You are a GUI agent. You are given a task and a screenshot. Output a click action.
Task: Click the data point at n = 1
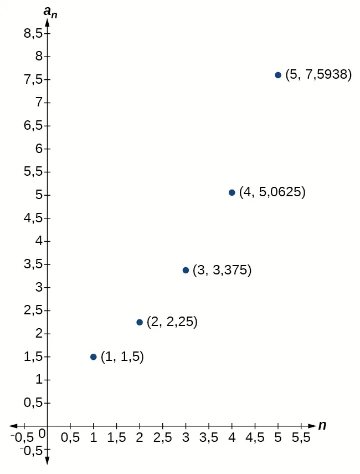pyautogui.click(x=94, y=357)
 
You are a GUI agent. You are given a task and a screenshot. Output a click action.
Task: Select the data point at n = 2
pyautogui.click(x=140, y=322)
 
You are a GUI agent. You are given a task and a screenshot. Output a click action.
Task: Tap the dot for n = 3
pyautogui.click(x=186, y=270)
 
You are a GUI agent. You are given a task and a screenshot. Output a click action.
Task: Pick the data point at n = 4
pyautogui.click(x=232, y=192)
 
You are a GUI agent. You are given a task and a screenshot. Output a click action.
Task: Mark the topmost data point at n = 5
pyautogui.click(x=278, y=75)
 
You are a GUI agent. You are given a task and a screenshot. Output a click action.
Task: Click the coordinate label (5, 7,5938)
pyautogui.click(x=318, y=75)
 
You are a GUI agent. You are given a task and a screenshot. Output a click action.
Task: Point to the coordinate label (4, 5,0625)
pyautogui.click(x=272, y=192)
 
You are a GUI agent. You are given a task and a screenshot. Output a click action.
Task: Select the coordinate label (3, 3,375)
pyautogui.click(x=222, y=271)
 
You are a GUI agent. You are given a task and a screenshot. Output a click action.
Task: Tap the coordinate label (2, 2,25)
pyautogui.click(x=172, y=322)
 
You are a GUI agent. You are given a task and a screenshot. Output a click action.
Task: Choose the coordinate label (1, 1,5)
pyautogui.click(x=122, y=357)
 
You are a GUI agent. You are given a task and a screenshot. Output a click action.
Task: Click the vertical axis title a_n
pyautogui.click(x=51, y=12)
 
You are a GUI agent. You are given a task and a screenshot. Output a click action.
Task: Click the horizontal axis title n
pyautogui.click(x=322, y=425)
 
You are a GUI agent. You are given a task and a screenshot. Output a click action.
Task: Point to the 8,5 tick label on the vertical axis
pyautogui.click(x=33, y=33)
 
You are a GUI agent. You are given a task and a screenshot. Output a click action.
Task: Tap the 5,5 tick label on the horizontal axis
pyautogui.click(x=301, y=438)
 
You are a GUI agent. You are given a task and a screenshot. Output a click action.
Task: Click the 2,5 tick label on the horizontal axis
pyautogui.click(x=162, y=438)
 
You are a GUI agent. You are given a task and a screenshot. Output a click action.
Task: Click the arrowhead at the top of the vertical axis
pyautogui.click(x=47, y=23)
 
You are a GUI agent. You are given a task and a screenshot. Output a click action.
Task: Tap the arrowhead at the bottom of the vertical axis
pyautogui.click(x=47, y=460)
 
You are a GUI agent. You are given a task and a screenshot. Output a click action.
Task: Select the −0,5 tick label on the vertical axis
pyautogui.click(x=31, y=450)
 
